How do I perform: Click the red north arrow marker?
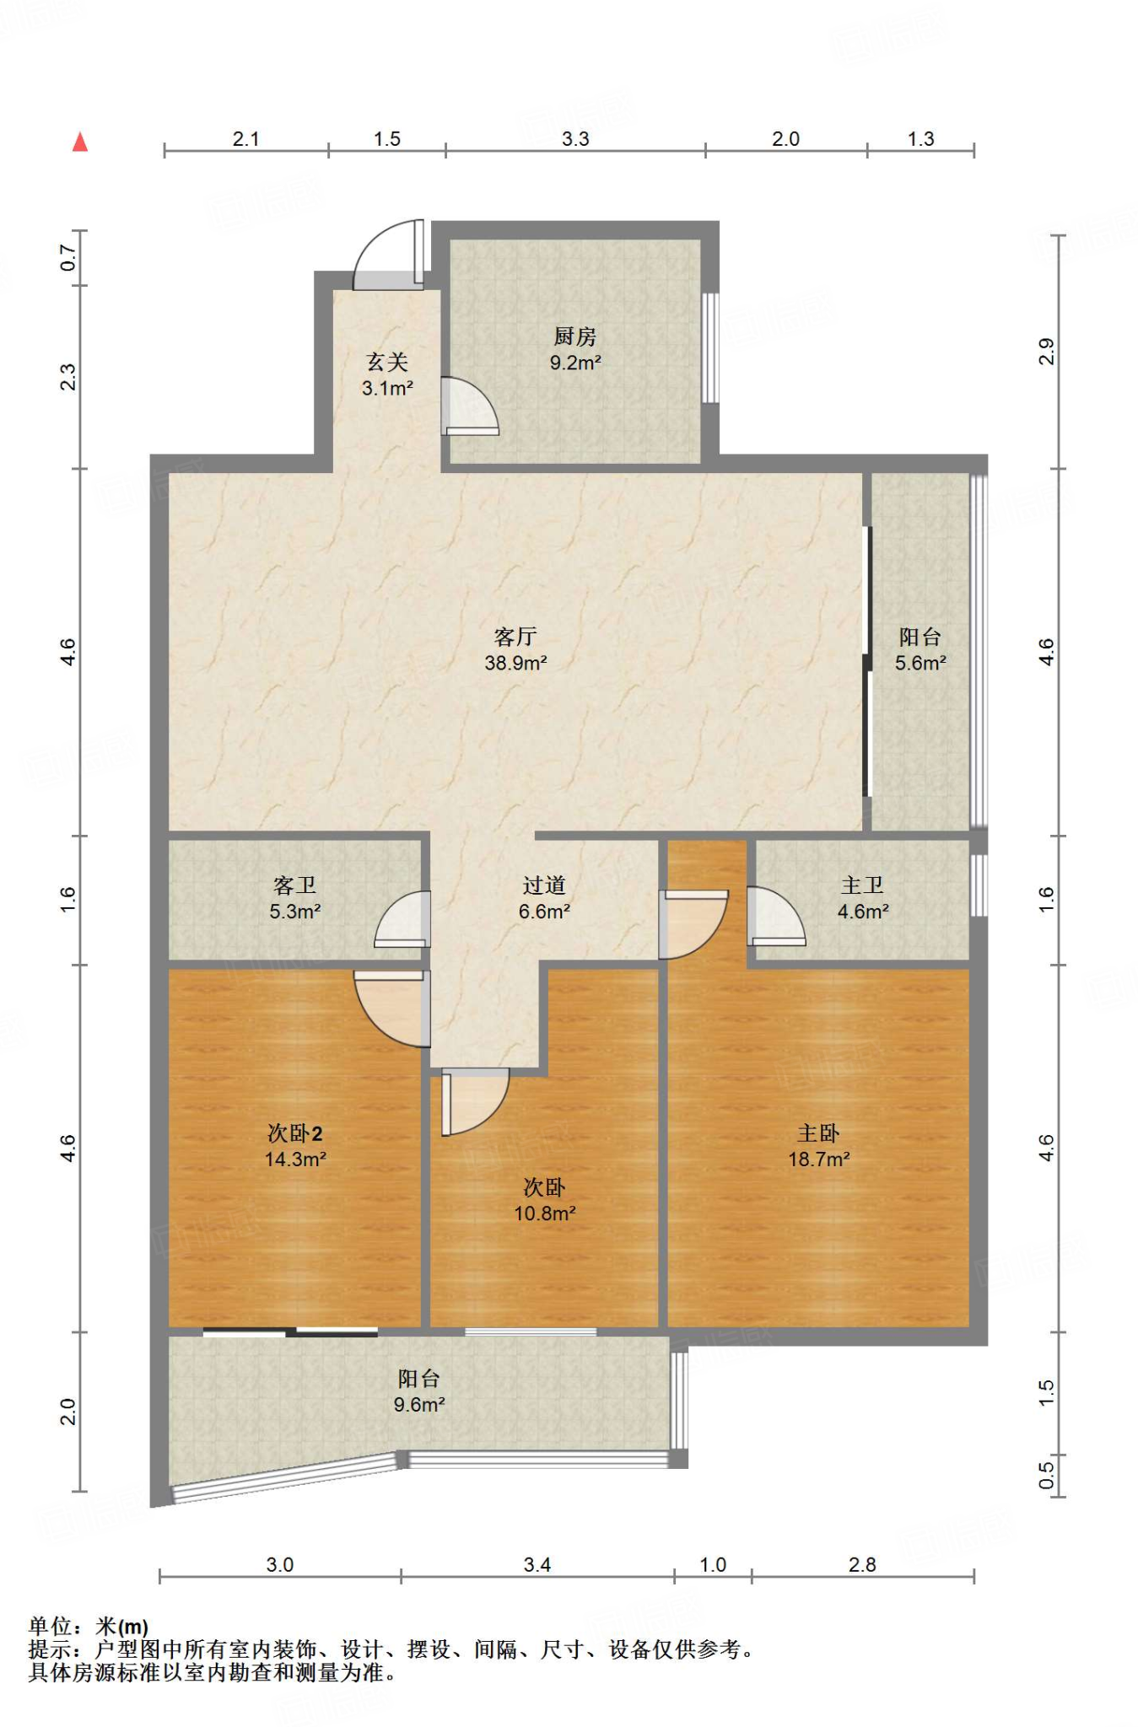pyautogui.click(x=80, y=142)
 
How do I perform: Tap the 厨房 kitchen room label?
pyautogui.click(x=574, y=336)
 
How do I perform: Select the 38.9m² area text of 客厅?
pyautogui.click(x=515, y=663)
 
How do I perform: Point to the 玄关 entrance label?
pyautogui.click(x=387, y=363)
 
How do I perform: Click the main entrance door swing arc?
pyautogui.click(x=385, y=252)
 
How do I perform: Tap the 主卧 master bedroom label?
pyautogui.click(x=818, y=1133)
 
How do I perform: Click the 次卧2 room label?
pyautogui.click(x=294, y=1133)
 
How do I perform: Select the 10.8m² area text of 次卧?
pyautogui.click(x=545, y=1213)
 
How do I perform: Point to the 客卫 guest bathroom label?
pyautogui.click(x=294, y=885)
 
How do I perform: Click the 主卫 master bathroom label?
pyautogui.click(x=862, y=885)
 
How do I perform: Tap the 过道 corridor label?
pyautogui.click(x=544, y=885)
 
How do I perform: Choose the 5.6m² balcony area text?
pyautogui.click(x=920, y=663)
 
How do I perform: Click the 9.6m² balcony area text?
pyautogui.click(x=419, y=1404)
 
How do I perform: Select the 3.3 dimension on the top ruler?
pyautogui.click(x=575, y=139)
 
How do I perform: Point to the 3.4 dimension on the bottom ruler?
pyautogui.click(x=537, y=1565)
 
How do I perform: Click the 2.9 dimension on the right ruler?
pyautogui.click(x=1046, y=351)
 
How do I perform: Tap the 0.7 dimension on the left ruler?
pyautogui.click(x=68, y=258)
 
